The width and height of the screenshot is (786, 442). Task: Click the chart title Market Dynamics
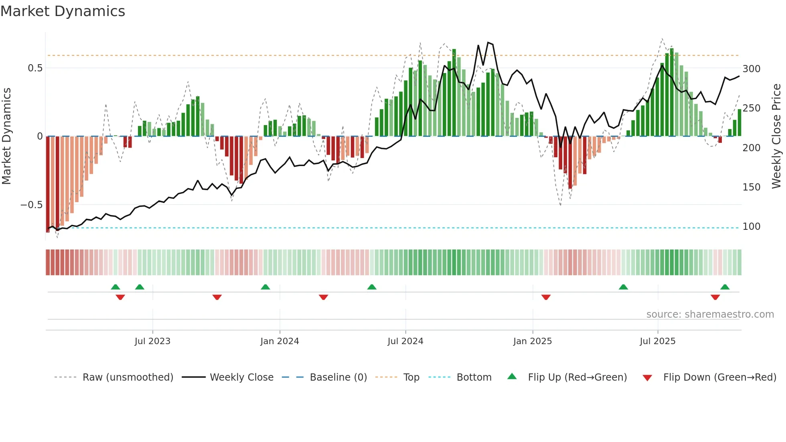[x=63, y=11]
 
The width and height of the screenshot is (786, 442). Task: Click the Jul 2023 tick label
[x=152, y=341]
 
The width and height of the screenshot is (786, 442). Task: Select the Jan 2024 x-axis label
[x=280, y=341]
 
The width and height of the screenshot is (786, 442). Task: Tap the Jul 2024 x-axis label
[x=405, y=341]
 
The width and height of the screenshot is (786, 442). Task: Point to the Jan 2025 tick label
[x=532, y=341]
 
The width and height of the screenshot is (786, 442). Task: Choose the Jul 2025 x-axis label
[x=657, y=341]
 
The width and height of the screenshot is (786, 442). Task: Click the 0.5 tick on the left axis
[x=35, y=68]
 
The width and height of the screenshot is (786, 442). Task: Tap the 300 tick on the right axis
[x=751, y=69]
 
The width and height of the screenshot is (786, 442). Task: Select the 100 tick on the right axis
[x=751, y=227]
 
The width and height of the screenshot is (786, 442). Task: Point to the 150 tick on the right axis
[x=751, y=187]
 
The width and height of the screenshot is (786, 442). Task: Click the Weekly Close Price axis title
[x=776, y=136]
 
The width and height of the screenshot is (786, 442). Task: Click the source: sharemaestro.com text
[x=710, y=314]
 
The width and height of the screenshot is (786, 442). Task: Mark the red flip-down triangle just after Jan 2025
[x=546, y=297]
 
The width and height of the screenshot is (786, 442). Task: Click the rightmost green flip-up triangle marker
[x=725, y=287]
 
